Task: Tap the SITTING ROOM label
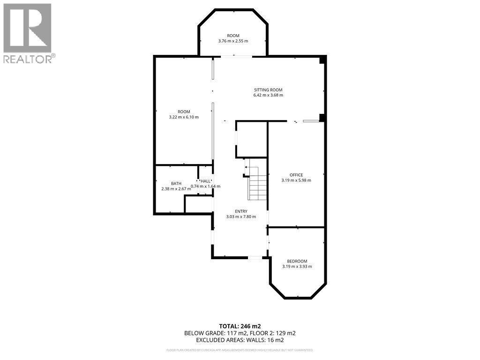268,90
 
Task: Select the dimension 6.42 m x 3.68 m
268,95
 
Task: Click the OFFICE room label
296,175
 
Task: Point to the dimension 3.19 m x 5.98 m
296,180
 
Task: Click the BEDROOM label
297,261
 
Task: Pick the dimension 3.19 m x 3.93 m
297,266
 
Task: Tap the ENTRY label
241,211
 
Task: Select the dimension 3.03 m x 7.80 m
241,217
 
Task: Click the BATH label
176,184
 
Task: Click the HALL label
205,181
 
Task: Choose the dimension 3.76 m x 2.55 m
233,41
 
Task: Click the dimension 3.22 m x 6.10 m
184,117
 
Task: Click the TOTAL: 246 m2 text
240,326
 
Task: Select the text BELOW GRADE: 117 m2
211,333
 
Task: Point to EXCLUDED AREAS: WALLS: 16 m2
240,340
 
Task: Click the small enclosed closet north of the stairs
252,140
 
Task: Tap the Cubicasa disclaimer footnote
240,350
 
